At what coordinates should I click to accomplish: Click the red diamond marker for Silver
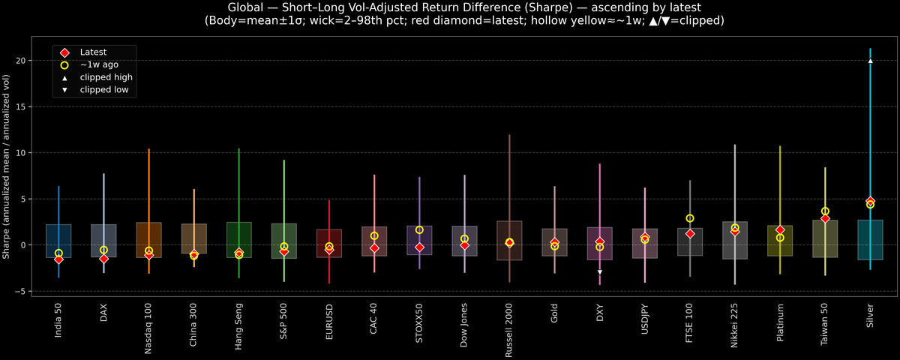[870, 202]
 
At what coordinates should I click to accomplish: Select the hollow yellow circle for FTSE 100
[690, 218]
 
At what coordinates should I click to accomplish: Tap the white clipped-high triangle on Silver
[870, 61]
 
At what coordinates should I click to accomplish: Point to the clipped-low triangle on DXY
[600, 272]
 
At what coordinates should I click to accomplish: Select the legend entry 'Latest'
[93, 52]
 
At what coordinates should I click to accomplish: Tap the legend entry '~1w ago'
[99, 64]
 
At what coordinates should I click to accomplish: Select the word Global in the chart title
[247, 7]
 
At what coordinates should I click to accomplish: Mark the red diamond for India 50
[58, 259]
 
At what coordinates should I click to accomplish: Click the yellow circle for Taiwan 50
[825, 211]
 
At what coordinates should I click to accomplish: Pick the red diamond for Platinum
[780, 229]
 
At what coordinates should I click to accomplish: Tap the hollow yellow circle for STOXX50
[420, 230]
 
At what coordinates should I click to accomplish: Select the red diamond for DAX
[103, 259]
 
